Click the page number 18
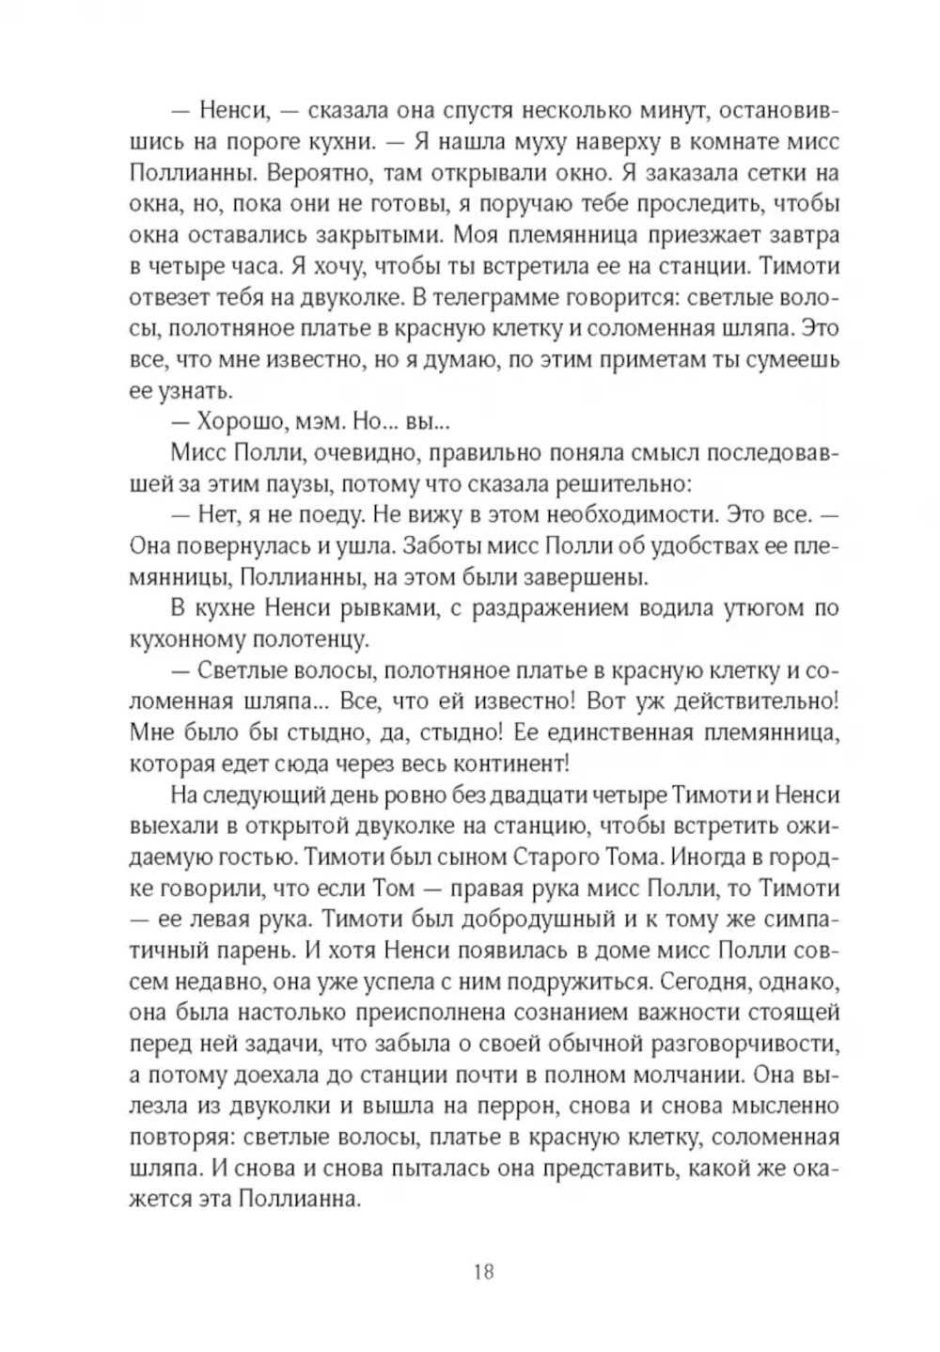pos(483,1272)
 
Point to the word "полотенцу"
pos(309,640)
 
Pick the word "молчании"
pos(676,1075)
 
